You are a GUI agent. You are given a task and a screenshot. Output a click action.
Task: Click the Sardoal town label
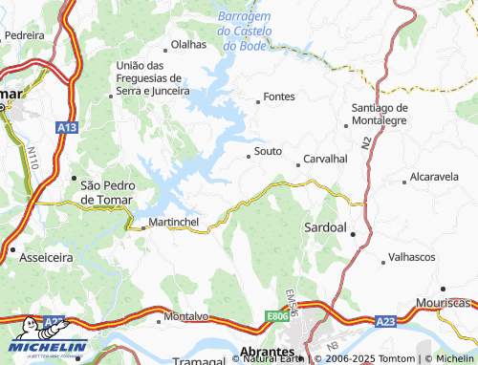[324, 228]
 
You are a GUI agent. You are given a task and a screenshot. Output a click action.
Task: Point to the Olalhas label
[187, 45]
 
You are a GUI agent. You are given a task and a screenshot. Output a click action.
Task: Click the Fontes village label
[279, 97]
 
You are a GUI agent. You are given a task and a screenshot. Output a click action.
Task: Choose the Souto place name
[269, 152]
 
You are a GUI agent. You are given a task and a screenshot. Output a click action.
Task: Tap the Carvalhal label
[325, 159]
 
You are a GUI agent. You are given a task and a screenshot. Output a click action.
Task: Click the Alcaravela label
[434, 177]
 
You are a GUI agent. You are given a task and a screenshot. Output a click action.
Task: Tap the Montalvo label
[186, 315]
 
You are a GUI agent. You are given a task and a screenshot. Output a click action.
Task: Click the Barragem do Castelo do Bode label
[245, 31]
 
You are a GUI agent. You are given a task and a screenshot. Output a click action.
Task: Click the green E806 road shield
[278, 315]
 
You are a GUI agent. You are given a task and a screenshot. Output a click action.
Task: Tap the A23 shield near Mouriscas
[385, 322]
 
